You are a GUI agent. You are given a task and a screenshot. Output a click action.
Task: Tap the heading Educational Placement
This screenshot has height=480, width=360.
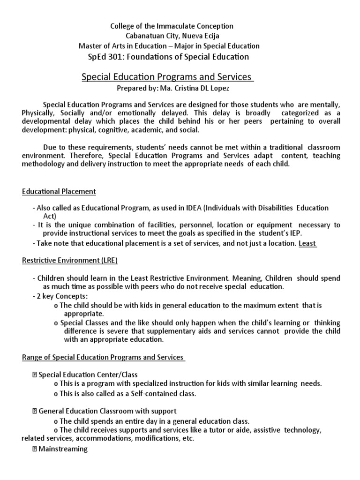pos(59,191)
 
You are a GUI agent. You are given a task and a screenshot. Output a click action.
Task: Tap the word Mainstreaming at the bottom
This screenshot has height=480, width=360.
pos(63,449)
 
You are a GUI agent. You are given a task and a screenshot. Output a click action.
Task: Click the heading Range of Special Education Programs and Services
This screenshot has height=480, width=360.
pos(103,357)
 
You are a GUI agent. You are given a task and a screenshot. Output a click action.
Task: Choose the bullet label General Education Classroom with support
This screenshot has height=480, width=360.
pos(107,411)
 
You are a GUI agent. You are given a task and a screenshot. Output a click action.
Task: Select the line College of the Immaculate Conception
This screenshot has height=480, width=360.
pos(171,26)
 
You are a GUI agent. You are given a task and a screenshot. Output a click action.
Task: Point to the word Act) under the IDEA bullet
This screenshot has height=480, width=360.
pos(49,216)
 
